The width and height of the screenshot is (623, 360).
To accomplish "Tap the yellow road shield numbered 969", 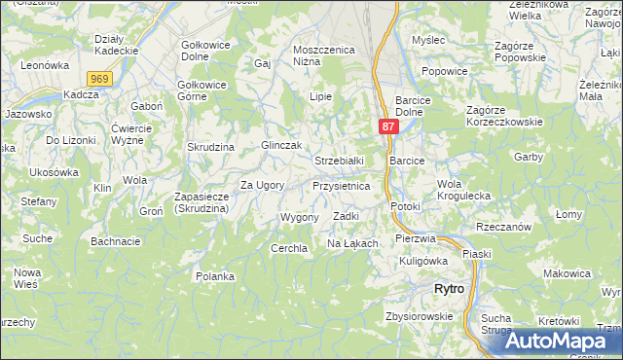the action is coord(97,79).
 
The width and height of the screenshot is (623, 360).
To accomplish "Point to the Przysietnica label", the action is coord(341,185).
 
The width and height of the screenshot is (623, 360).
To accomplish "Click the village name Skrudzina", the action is coord(211,146).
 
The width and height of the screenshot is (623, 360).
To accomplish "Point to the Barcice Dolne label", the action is coord(420,106).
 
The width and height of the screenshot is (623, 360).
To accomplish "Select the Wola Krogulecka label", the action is coord(463,190).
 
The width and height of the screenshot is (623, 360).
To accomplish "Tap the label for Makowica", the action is coord(567,273).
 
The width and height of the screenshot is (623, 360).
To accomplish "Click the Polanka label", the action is coord(215,276).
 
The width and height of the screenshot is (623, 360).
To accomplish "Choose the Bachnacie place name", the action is coord(116,240).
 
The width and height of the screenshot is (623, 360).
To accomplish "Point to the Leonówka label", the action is coord(47,65).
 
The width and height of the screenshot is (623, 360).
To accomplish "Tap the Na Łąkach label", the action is coord(351,243).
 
